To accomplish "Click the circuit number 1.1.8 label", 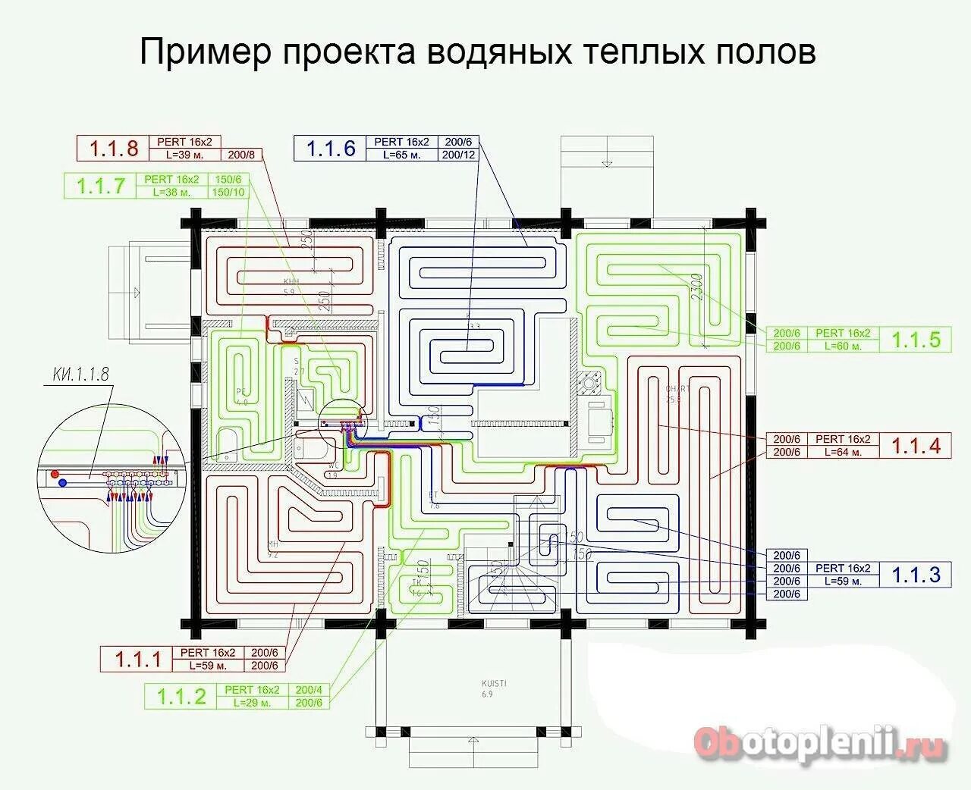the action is click(x=114, y=148).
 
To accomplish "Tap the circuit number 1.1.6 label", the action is click(x=331, y=148).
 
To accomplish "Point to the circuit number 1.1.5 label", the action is click(x=916, y=340).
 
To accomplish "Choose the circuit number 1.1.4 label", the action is click(x=916, y=446).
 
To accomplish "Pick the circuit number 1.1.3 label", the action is click(x=916, y=575).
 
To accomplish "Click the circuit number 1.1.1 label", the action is click(x=138, y=659).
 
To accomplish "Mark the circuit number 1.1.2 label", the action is click(x=181, y=696).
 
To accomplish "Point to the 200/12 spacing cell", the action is click(x=458, y=155).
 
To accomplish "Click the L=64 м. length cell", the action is click(x=841, y=453).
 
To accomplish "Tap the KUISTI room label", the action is click(x=494, y=683).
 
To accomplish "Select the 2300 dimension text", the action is click(x=698, y=287).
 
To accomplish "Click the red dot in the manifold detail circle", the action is click(x=55, y=475).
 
